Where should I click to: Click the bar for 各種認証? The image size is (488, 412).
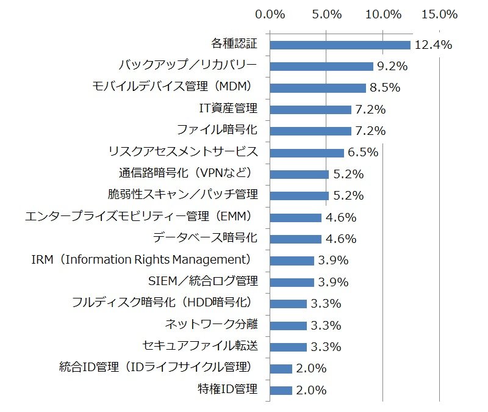(x=340, y=45)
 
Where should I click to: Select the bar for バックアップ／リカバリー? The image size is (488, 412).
(x=321, y=67)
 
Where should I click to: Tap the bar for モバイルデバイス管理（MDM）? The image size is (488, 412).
(x=318, y=88)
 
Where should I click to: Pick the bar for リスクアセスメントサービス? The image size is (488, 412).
(x=307, y=153)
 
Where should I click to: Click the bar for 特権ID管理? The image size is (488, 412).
(x=281, y=391)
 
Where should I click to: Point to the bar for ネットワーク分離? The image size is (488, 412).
(x=288, y=326)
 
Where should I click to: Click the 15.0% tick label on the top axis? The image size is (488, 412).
(x=439, y=14)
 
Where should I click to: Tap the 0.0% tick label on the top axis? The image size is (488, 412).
(x=270, y=14)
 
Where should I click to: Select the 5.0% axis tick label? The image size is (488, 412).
(x=327, y=14)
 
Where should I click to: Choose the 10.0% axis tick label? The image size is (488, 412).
(x=383, y=14)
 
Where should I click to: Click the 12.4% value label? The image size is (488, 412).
(x=433, y=45)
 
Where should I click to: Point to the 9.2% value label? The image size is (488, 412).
(x=392, y=67)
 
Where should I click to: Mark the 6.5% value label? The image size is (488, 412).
(x=363, y=152)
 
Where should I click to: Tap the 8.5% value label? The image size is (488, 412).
(x=385, y=88)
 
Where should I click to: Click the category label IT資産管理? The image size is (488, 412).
(x=228, y=109)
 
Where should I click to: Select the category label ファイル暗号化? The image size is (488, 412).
(x=217, y=130)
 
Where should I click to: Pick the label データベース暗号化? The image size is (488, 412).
(x=205, y=238)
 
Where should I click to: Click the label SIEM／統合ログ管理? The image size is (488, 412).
(x=203, y=281)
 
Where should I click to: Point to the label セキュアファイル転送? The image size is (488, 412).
(x=200, y=346)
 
